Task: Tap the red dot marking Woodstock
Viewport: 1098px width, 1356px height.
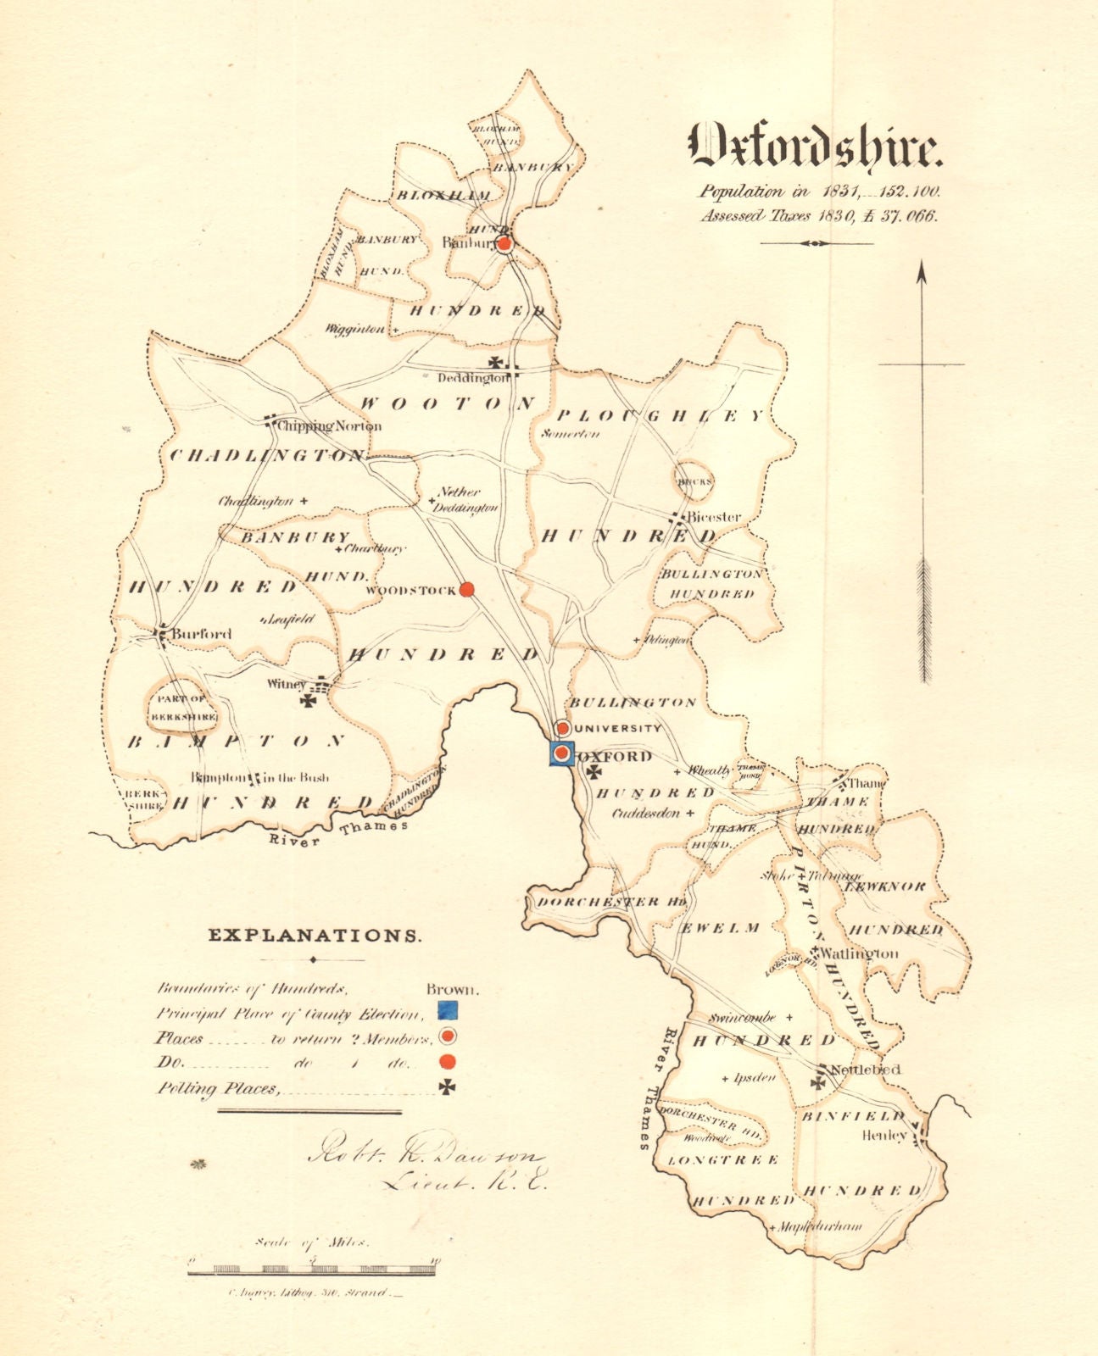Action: coord(465,590)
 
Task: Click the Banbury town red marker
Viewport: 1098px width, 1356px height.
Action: coord(504,244)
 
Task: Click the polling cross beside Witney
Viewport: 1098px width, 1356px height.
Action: coord(309,701)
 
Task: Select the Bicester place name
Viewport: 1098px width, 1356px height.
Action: coord(713,516)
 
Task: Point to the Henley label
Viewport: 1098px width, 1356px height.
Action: coord(884,1134)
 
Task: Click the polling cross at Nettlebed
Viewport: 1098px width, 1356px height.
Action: coord(818,1081)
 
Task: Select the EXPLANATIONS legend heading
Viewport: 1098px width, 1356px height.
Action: coord(315,936)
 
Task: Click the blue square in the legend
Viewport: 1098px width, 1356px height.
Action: coord(447,1010)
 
